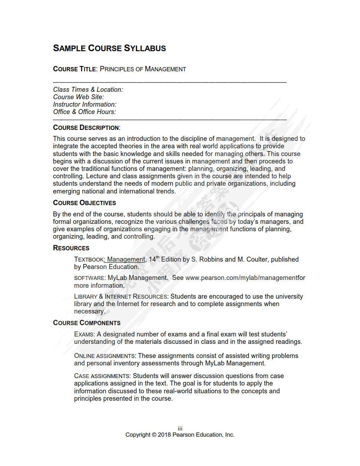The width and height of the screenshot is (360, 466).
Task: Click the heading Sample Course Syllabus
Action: tap(109, 48)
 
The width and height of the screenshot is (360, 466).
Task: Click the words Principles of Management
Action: tap(143, 69)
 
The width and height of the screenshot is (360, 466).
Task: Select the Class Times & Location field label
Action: tap(88, 90)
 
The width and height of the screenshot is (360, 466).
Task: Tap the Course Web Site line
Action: tap(78, 97)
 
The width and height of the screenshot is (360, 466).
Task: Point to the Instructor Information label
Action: tap(85, 104)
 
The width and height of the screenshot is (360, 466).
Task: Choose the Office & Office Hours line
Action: tap(84, 112)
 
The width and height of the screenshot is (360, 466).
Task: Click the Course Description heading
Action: tap(86, 128)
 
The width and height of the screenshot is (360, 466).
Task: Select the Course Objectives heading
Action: tap(84, 203)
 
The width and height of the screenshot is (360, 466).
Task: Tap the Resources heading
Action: tap(71, 248)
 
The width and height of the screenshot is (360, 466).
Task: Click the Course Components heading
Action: tap(86, 323)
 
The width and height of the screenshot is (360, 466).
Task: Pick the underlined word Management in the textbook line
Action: tap(126, 259)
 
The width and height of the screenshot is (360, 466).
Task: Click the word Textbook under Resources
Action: tap(89, 260)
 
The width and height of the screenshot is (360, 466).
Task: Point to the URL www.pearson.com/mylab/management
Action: tap(241, 278)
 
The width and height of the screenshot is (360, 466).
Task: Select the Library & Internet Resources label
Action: tap(120, 297)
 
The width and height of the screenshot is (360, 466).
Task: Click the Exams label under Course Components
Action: tap(84, 334)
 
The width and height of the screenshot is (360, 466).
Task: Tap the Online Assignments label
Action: tap(105, 356)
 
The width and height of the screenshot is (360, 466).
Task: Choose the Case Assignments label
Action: tap(102, 376)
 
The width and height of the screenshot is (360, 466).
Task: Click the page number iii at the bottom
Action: tap(180, 429)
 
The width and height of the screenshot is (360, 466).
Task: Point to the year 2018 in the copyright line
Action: tap(164, 435)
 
